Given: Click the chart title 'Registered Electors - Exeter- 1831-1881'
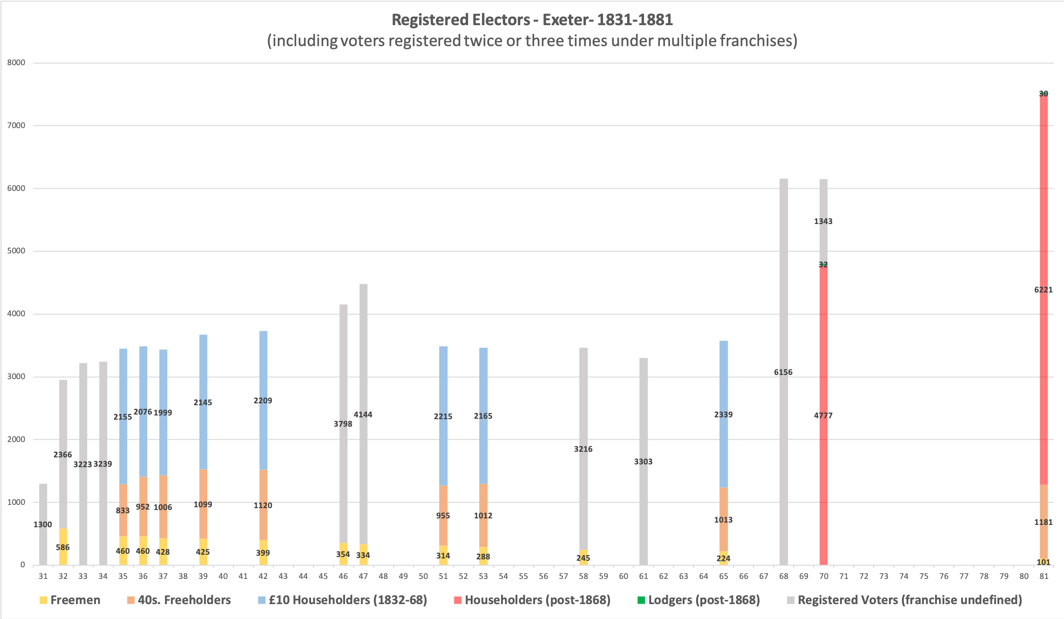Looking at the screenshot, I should coord(532,20).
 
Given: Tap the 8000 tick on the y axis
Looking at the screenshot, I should coord(16,63).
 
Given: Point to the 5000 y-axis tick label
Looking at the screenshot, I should coord(16,251).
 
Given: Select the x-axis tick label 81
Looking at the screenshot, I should coord(1044,577).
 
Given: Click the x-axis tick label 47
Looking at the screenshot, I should coord(363,577).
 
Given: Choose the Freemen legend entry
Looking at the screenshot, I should coord(75,600).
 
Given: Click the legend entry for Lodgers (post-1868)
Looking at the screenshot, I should coord(704,600).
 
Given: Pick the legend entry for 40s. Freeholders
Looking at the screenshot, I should coord(184,600).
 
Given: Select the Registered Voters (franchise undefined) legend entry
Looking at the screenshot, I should coord(909,600).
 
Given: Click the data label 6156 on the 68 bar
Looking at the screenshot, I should coord(783,372).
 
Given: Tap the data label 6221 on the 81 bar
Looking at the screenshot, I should coord(1044,290).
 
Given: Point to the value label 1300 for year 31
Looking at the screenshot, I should coord(43,524).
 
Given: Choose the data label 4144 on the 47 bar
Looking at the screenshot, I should coord(363,415).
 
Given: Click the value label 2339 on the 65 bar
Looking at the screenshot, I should coord(723,415).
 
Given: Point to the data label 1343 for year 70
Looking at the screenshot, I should coord(823,221).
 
